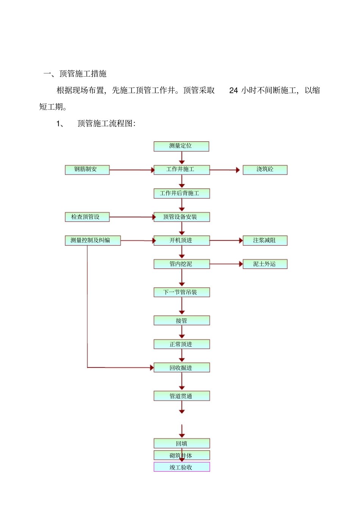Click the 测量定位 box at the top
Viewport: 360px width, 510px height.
click(x=181, y=146)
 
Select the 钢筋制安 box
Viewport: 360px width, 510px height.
click(x=87, y=169)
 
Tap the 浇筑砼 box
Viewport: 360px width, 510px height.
click(x=265, y=169)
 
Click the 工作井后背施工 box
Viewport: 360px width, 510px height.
click(x=182, y=193)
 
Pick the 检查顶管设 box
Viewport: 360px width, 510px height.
click(x=87, y=217)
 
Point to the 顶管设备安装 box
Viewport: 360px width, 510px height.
click(x=182, y=217)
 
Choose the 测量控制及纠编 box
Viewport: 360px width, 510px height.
click(x=93, y=240)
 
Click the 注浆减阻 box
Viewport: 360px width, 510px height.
click(x=265, y=240)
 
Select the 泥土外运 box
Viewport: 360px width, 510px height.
click(x=265, y=264)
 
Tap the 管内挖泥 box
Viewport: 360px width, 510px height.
click(x=182, y=264)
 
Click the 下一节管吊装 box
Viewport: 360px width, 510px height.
click(x=182, y=292)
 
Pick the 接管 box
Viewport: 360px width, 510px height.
click(x=182, y=321)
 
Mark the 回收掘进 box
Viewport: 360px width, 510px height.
click(x=182, y=368)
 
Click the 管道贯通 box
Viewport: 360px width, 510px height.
click(x=182, y=396)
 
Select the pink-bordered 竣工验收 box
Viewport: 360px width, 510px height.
click(x=182, y=467)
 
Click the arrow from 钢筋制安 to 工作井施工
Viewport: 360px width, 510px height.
click(x=131, y=170)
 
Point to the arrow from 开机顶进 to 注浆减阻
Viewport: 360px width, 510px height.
click(x=226, y=240)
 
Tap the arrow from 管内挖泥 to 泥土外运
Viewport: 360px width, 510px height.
click(x=226, y=264)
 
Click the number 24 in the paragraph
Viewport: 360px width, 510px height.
click(x=233, y=91)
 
